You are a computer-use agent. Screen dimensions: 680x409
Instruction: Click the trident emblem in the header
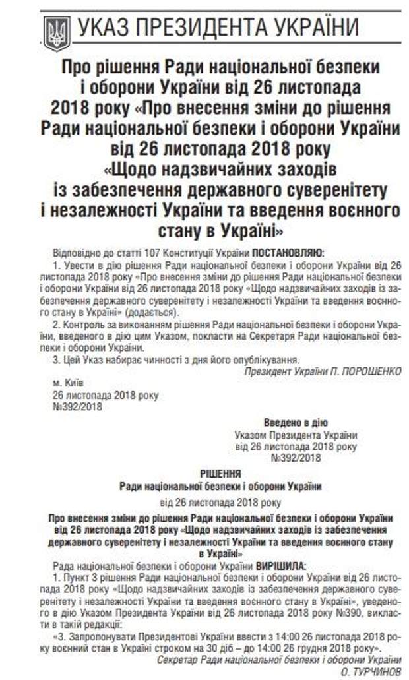(56, 30)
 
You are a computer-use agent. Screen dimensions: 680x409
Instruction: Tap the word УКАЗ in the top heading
(107, 28)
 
